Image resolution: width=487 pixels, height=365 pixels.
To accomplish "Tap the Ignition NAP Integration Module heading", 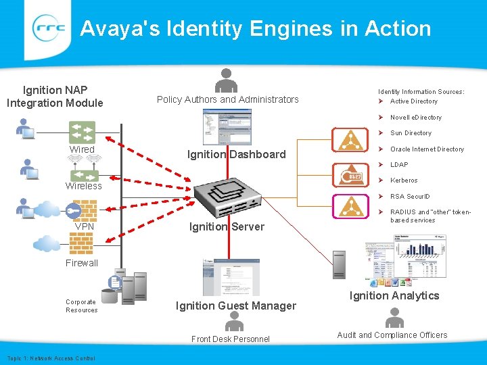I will (55, 96).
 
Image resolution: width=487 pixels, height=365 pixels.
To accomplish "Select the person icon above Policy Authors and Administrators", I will (227, 80).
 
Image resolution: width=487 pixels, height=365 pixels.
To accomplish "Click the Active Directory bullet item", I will (413, 101).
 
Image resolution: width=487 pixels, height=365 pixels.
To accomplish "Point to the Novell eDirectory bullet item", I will (415, 118).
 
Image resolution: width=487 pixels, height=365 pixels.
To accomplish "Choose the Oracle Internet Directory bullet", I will (427, 149).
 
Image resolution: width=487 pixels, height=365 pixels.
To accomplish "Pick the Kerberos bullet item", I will (404, 180).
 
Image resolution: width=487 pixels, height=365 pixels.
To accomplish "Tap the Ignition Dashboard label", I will (236, 154).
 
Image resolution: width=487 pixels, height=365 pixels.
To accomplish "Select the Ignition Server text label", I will (227, 226).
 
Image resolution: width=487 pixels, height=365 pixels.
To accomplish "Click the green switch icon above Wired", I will (82, 131).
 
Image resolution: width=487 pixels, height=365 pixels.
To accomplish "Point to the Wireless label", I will (83, 186).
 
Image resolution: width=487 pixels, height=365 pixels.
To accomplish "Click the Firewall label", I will (82, 263).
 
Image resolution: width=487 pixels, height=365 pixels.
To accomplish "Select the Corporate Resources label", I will (81, 306).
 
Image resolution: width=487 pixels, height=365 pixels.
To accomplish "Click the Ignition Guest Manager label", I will (235, 306).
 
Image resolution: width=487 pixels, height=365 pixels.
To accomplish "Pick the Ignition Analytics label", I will (394, 295).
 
